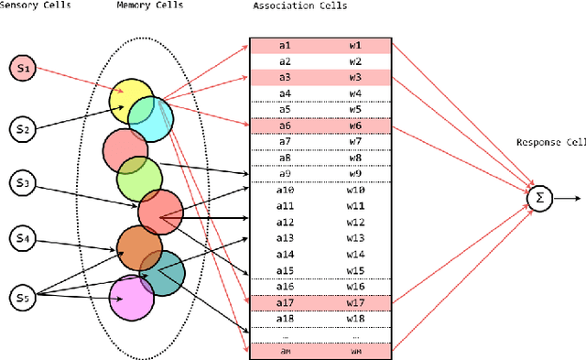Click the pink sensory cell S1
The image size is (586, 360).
(24, 67)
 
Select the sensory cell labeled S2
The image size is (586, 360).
(24, 129)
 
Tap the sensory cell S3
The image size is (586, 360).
(24, 185)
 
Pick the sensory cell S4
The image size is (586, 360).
(24, 240)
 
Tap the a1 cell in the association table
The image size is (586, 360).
(285, 45)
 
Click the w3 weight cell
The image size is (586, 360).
(354, 77)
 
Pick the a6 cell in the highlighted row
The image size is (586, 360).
(285, 125)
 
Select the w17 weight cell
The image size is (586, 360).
(354, 301)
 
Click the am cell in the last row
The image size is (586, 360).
(285, 350)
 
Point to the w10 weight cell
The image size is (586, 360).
(354, 190)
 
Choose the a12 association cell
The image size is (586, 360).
(285, 222)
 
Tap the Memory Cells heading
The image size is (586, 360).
(149, 6)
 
